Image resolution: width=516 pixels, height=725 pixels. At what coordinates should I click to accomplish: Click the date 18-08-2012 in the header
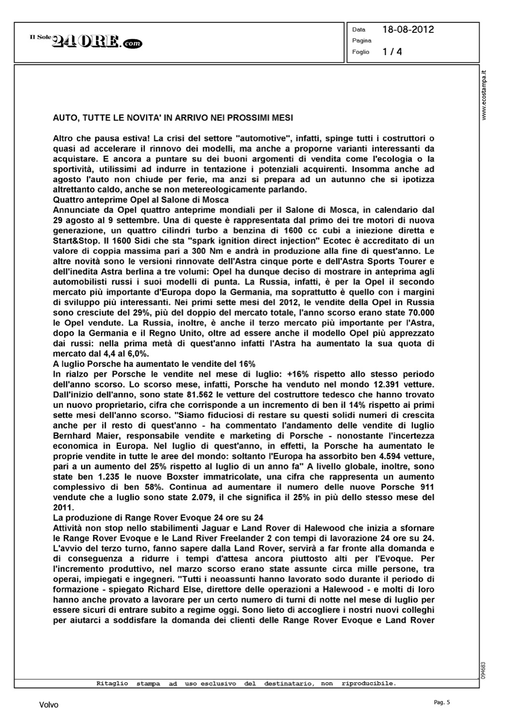click(x=408, y=29)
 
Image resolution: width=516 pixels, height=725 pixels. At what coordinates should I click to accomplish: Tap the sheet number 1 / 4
click(x=392, y=51)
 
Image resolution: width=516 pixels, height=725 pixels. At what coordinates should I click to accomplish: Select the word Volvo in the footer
click(x=49, y=705)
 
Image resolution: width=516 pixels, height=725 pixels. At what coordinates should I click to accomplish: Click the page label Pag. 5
click(x=442, y=702)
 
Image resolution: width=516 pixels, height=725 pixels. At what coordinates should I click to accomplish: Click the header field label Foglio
click(x=361, y=52)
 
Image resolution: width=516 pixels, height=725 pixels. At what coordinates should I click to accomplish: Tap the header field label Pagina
click(x=362, y=41)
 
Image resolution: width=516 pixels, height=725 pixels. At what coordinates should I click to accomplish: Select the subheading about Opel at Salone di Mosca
click(x=140, y=200)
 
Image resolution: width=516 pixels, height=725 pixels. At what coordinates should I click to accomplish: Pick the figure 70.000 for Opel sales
click(x=418, y=312)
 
